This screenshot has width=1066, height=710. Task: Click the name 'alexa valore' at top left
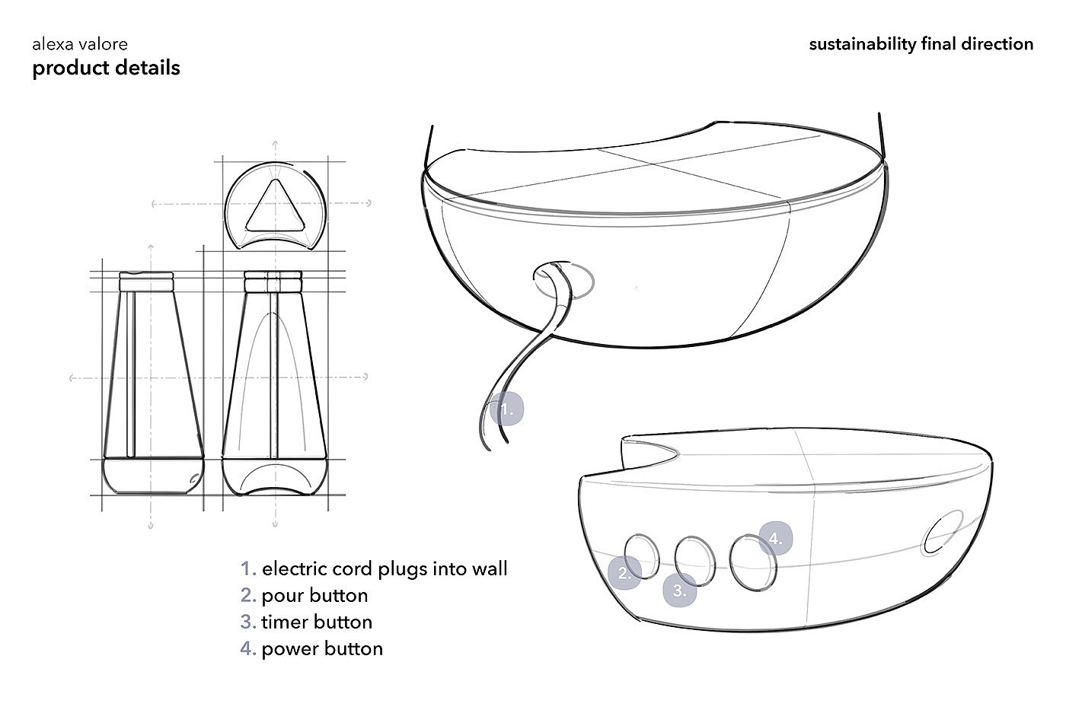(80, 46)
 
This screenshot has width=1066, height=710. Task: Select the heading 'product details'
(106, 68)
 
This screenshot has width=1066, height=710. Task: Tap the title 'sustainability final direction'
(921, 44)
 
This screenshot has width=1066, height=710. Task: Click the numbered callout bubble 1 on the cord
(507, 409)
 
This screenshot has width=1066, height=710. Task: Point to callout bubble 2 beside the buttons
(624, 573)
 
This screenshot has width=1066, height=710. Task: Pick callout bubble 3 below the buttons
(680, 590)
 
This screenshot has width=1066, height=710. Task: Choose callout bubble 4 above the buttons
(775, 539)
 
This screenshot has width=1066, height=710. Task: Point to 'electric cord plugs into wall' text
(385, 568)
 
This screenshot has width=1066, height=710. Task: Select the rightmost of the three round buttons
(752, 562)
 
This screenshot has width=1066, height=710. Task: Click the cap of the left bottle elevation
(147, 281)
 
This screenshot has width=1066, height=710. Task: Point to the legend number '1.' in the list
(248, 568)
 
